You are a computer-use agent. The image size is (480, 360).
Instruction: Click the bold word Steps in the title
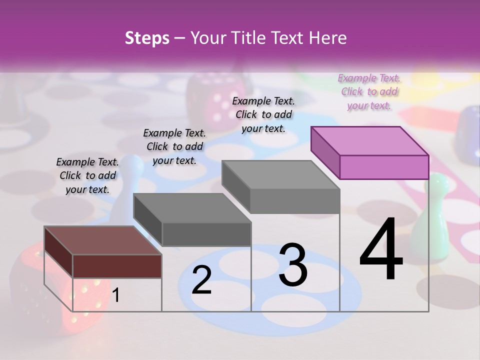(147, 38)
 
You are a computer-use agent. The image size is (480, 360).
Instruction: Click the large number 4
(381, 249)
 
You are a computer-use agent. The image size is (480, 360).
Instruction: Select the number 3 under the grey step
(293, 265)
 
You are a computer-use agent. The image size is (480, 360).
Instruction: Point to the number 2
(201, 280)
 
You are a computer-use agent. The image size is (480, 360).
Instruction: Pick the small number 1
(116, 295)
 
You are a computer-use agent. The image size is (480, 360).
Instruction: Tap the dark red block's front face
(117, 266)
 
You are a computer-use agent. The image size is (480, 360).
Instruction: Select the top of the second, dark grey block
(192, 208)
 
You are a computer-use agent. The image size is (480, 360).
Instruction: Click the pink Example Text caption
(369, 91)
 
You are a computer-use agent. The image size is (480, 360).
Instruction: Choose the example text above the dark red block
(87, 175)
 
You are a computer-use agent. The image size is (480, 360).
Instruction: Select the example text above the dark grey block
(174, 146)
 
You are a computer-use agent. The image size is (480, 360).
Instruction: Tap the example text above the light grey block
(263, 114)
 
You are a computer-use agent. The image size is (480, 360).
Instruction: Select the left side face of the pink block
(325, 152)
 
